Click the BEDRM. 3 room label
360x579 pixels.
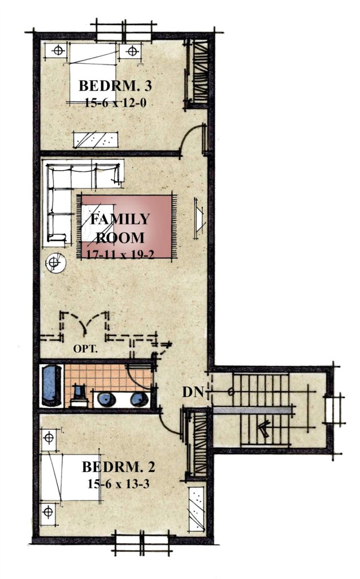point(115,86)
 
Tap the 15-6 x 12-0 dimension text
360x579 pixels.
point(115,102)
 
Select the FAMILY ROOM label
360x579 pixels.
point(120,228)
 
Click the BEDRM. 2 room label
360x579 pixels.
point(118,467)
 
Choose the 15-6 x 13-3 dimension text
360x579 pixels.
point(119,483)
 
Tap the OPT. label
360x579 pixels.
point(85,348)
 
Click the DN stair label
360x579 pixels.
point(193,392)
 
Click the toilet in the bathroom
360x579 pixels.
point(79,396)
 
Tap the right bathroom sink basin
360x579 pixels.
point(140,399)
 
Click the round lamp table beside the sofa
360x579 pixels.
point(55,262)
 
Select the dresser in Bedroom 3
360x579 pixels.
point(96,139)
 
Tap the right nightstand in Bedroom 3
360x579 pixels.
point(131,51)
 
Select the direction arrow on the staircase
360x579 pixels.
point(264,430)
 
